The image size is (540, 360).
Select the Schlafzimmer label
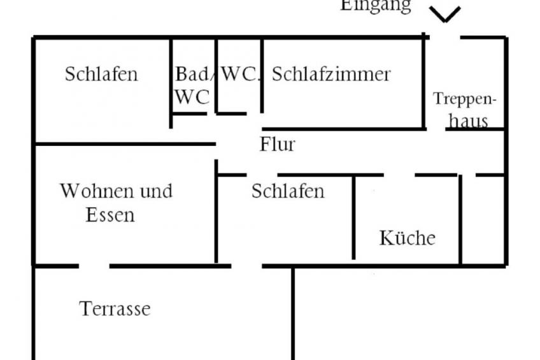point(331,74)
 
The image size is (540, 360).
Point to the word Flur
point(277,144)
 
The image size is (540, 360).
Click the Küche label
point(408,238)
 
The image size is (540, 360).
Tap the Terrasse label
point(115,308)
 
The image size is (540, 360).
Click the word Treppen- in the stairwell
point(465,99)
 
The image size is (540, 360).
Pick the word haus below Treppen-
point(469,121)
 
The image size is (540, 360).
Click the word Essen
point(110,215)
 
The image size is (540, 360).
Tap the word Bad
point(192,74)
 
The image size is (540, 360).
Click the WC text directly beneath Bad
point(192,97)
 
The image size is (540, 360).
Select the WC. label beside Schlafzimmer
point(239,74)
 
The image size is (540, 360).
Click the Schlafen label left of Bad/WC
point(101,74)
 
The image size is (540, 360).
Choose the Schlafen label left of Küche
point(288,191)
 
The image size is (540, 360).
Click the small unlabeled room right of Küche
point(483,220)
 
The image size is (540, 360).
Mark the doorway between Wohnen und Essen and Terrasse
point(94,266)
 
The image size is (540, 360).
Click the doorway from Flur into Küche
point(399,175)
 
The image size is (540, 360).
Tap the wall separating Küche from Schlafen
point(353,217)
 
